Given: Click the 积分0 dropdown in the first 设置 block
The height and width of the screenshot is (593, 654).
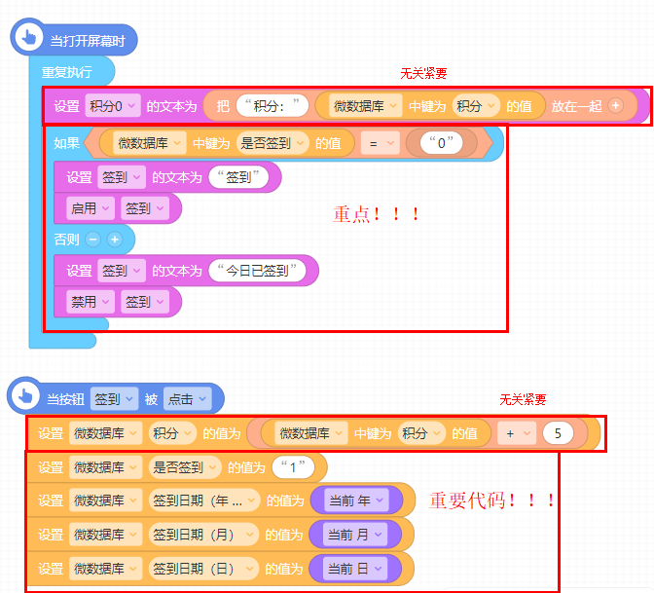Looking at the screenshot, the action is tap(114, 106).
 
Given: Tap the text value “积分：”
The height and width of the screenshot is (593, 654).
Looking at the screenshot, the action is tap(273, 106).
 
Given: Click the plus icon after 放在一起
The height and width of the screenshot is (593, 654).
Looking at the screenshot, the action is tap(615, 106).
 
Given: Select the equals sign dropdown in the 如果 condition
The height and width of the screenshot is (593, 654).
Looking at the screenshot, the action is tap(380, 143).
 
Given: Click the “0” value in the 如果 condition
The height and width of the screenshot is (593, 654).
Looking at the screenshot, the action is tap(442, 143).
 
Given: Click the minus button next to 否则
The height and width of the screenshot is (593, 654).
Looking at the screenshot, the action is tap(93, 239).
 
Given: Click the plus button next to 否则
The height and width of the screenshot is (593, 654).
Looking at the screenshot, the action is tap(114, 239).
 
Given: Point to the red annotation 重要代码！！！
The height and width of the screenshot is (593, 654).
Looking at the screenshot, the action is tap(492, 500).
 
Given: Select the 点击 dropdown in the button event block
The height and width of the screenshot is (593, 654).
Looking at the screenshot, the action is tap(186, 398).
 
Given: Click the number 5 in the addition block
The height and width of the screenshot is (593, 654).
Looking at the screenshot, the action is tap(558, 433).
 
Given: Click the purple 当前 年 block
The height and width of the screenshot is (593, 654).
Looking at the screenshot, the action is tap(355, 500).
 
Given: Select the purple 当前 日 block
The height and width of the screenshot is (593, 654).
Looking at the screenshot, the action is tap(355, 568).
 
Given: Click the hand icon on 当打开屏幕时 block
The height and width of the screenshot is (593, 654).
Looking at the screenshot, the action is tap(28, 39).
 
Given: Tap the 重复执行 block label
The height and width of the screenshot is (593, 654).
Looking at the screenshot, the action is tap(67, 72).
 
